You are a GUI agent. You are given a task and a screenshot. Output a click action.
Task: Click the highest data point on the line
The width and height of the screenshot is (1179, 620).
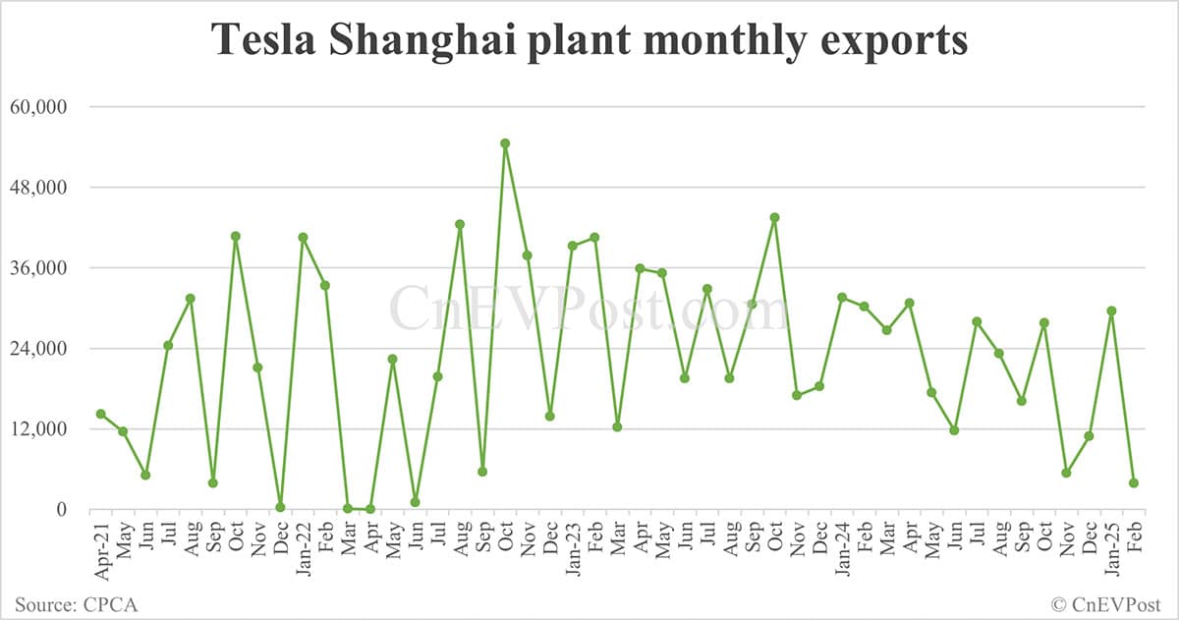(505, 143)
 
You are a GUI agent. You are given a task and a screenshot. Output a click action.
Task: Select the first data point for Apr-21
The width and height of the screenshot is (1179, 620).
(100, 414)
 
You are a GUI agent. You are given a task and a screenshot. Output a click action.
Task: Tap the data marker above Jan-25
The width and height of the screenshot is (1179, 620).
(1111, 310)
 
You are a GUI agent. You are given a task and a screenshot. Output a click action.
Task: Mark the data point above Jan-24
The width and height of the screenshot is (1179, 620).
(842, 297)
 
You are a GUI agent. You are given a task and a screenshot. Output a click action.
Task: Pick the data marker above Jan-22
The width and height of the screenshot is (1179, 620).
(303, 237)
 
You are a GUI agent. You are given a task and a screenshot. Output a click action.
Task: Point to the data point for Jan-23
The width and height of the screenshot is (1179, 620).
(572, 246)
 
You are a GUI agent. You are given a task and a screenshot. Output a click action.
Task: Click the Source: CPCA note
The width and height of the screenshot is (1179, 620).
(76, 603)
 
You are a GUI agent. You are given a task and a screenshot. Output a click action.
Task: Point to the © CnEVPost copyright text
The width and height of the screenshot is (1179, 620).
(1106, 603)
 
